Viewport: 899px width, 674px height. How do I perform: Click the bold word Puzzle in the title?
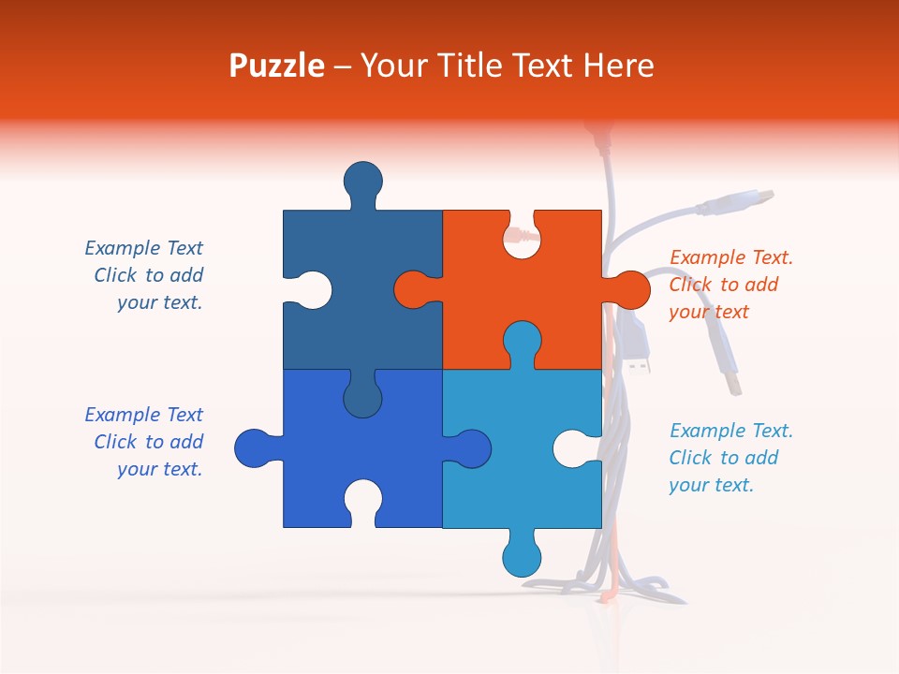pos(276,66)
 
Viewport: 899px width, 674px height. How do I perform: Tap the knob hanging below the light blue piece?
pos(522,557)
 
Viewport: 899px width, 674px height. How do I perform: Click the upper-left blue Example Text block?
pos(144,275)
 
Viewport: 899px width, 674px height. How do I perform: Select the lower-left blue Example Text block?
pos(144,442)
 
